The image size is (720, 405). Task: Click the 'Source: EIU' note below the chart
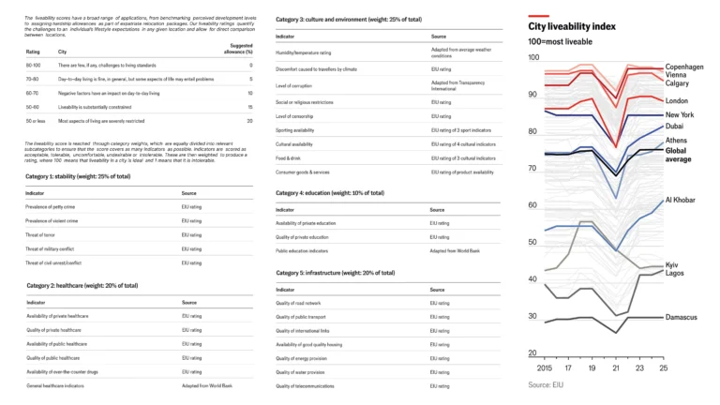tap(545, 385)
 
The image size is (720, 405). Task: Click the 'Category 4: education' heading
tap(330, 193)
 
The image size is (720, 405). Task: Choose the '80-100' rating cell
tap(34, 66)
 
